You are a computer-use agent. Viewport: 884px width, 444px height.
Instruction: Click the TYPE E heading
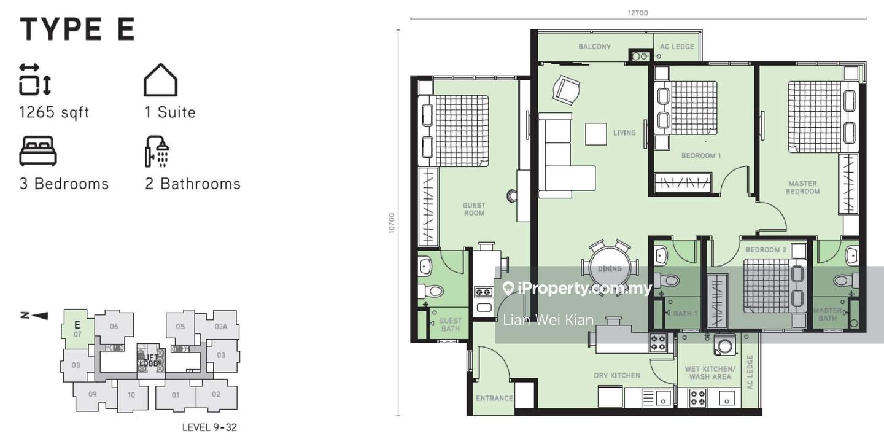click(77, 29)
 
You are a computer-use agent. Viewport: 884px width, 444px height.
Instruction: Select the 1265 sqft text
click(54, 112)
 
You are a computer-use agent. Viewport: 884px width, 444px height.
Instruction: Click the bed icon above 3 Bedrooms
click(38, 151)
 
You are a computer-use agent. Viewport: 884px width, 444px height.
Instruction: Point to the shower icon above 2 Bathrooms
click(157, 151)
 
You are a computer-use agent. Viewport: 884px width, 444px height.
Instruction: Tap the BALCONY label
click(594, 47)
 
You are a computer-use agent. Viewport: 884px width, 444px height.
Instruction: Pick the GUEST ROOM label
click(474, 209)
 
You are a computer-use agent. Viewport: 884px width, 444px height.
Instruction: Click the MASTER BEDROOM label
click(802, 187)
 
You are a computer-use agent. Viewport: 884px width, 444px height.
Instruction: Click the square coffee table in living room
click(595, 134)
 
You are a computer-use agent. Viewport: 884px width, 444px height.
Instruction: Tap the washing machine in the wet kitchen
click(723, 346)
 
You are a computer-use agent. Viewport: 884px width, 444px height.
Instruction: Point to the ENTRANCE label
click(494, 398)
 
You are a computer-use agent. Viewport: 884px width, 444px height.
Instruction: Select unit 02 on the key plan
click(216, 394)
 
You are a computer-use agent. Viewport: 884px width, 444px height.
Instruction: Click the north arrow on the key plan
click(34, 316)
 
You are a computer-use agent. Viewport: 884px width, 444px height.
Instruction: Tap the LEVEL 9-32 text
click(209, 427)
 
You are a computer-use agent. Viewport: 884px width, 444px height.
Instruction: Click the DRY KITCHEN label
click(617, 375)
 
